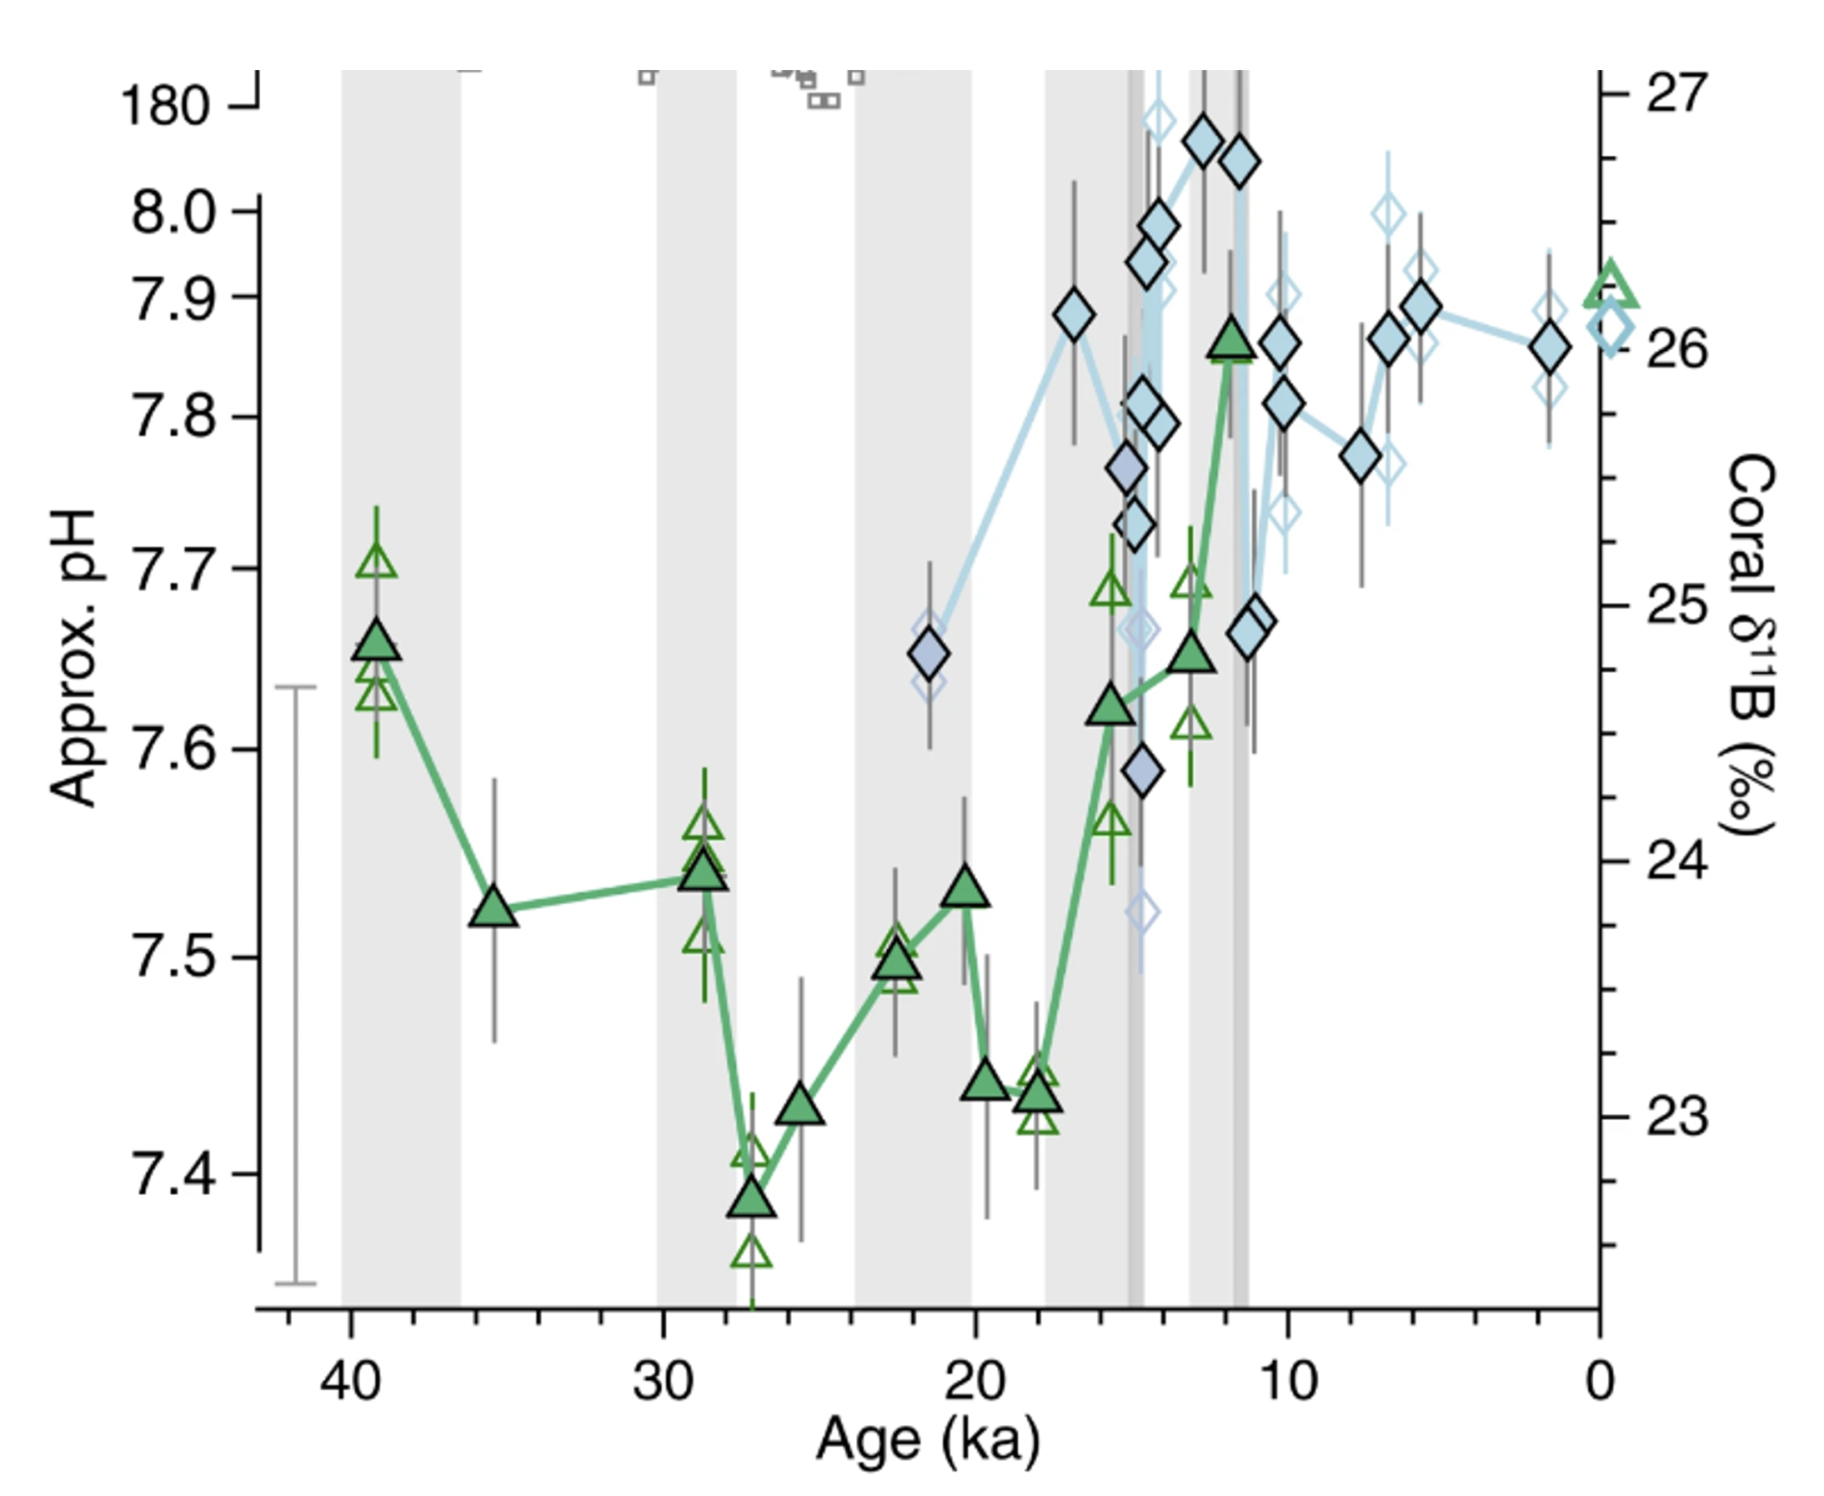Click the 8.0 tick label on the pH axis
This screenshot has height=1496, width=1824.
172,212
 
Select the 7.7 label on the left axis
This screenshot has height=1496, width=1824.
172,570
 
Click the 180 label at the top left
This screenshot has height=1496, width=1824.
165,107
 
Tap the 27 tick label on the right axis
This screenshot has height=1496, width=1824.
1676,93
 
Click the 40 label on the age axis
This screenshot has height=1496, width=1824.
351,1382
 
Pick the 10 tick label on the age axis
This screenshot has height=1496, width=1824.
1287,1382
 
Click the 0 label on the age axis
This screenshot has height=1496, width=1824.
1600,1382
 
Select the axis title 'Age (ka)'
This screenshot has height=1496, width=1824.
928,1440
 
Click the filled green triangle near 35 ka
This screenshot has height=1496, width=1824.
494,908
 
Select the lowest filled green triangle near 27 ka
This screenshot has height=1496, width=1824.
752,1198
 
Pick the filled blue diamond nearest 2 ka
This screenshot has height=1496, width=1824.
1549,347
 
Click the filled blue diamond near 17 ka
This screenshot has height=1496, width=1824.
1074,316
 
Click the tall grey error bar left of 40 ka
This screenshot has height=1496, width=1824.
296,985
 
